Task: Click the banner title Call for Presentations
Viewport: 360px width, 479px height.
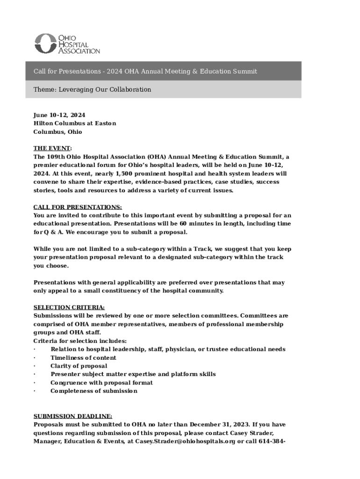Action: (x=145, y=72)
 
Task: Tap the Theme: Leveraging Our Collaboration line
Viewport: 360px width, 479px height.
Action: (x=92, y=89)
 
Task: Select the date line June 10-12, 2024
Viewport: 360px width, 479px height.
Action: (x=59, y=115)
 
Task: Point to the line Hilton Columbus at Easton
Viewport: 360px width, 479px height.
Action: (x=75, y=123)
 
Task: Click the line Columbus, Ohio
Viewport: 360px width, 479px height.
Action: (x=58, y=132)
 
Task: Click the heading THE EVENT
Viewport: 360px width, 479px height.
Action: (x=52, y=148)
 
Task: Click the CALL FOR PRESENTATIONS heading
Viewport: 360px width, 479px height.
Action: (x=78, y=207)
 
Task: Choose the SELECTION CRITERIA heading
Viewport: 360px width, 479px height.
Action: (x=69, y=307)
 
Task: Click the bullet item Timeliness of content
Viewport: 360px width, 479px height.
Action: (x=84, y=358)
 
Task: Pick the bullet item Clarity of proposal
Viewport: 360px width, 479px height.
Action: (x=79, y=366)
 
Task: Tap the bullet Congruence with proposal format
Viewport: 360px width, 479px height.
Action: (x=101, y=383)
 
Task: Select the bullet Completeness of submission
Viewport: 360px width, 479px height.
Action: (x=94, y=391)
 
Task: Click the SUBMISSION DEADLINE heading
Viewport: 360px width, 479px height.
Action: (x=73, y=416)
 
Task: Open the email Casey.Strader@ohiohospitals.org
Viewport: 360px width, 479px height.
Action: (x=186, y=441)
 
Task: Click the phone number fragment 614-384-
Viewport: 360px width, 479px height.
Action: (x=271, y=441)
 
